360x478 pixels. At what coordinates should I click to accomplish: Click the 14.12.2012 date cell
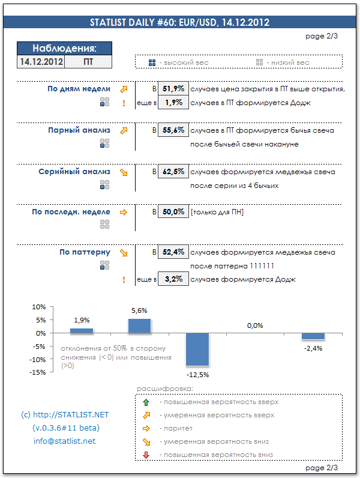pyautogui.click(x=41, y=61)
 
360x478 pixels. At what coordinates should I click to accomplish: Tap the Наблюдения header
pyautogui.click(x=64, y=49)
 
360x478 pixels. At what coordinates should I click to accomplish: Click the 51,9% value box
pyautogui.click(x=173, y=89)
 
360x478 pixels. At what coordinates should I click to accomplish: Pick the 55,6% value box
pyautogui.click(x=173, y=130)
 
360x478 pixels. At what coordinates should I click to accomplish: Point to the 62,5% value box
pyautogui.click(x=173, y=172)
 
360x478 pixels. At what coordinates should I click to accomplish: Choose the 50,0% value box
pyautogui.click(x=173, y=212)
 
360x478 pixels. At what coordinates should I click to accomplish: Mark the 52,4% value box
pyautogui.click(x=173, y=252)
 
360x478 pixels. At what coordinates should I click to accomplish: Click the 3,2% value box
pyautogui.click(x=173, y=279)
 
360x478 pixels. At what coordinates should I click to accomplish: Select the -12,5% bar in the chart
pyautogui.click(x=197, y=349)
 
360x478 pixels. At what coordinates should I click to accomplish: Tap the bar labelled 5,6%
pyautogui.click(x=139, y=326)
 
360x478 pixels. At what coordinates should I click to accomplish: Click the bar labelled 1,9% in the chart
pyautogui.click(x=82, y=331)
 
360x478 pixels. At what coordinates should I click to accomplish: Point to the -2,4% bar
pyautogui.click(x=313, y=336)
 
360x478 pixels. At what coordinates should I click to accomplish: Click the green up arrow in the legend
pyautogui.click(x=146, y=402)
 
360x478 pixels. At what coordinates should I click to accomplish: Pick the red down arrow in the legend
pyautogui.click(x=146, y=456)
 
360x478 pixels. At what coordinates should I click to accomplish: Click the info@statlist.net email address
pyautogui.click(x=64, y=441)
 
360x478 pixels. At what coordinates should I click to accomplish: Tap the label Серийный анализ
pyautogui.click(x=74, y=172)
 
